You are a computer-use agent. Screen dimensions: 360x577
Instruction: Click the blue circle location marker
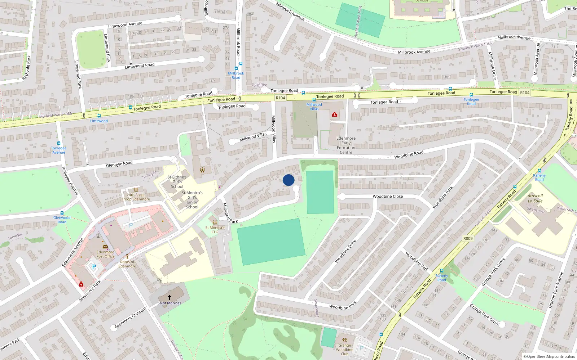pos(288,180)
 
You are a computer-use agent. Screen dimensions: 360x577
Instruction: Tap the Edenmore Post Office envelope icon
pos(105,247)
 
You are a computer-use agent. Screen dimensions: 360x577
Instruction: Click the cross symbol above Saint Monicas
pos(169,297)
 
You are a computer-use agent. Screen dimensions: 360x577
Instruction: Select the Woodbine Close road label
pos(388,197)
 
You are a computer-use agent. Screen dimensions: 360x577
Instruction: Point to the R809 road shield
pos(468,238)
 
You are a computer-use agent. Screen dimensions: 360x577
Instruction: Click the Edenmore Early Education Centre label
pos(346,145)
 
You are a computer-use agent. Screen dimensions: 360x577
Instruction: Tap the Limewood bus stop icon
pos(130,107)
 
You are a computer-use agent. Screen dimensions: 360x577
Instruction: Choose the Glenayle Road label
pos(119,164)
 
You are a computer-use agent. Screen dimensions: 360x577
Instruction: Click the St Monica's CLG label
pos(215,230)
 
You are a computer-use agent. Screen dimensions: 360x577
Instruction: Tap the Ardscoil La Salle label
pos(535,198)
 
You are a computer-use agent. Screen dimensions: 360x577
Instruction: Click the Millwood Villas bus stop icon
pos(314,100)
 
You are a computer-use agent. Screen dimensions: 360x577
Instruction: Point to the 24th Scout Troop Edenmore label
pos(136,197)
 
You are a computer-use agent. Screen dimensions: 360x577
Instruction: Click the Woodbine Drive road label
pos(345,251)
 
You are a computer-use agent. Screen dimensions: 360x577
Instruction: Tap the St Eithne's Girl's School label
pos(177,182)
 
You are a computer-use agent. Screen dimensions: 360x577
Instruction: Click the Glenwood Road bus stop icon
pos(62,213)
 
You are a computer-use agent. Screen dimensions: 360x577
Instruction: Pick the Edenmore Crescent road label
pos(131,318)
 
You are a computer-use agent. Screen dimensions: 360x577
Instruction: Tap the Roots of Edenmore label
pos(127,264)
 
